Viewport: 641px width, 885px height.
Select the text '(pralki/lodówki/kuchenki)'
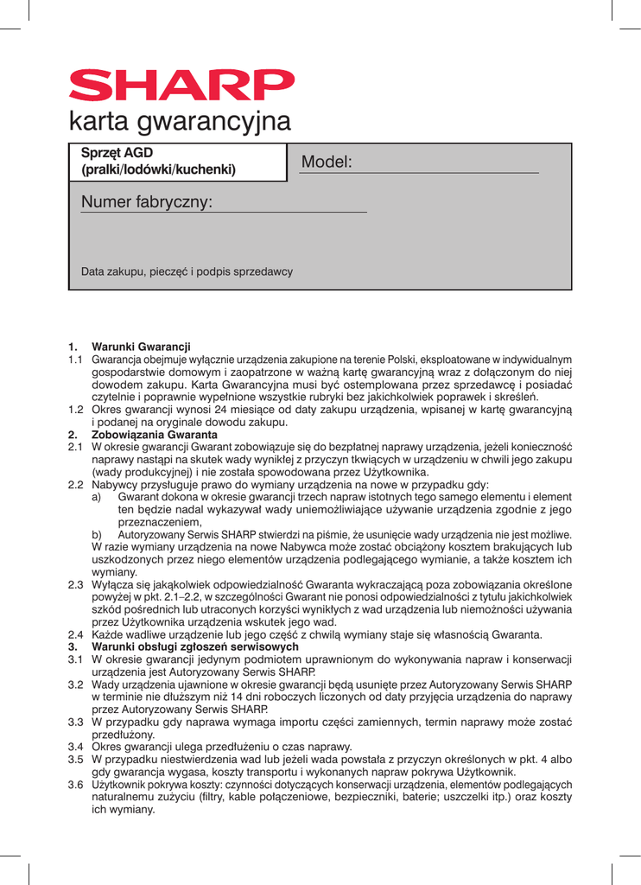158,170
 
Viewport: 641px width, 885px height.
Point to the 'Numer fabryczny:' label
147,203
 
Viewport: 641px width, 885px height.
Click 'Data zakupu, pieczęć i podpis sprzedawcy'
187,271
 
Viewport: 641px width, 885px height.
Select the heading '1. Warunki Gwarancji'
130,347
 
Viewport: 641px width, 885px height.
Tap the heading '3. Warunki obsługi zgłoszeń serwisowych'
183,648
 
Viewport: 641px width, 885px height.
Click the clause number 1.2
76,410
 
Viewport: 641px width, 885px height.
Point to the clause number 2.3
76,584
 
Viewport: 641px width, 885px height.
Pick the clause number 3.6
76,785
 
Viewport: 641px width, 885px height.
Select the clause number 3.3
76,723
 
